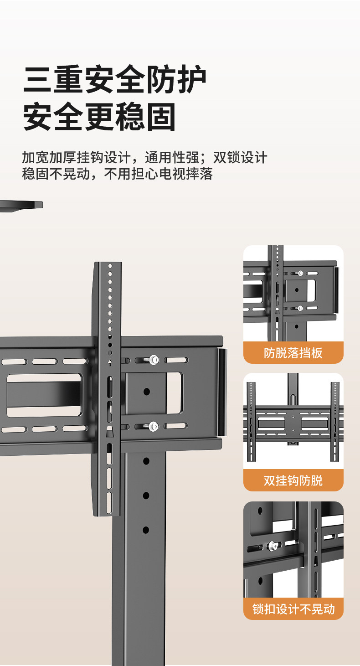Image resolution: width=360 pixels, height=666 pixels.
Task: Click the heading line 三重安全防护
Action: pos(115,81)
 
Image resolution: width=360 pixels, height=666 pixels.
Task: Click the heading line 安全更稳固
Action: pos(99,117)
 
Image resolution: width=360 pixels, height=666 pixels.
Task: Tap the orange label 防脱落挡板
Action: pos(293,353)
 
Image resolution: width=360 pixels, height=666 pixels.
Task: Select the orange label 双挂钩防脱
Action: pos(293,480)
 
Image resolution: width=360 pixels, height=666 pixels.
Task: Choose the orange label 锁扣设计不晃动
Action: pos(293,609)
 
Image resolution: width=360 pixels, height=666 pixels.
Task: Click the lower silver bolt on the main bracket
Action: pos(154,427)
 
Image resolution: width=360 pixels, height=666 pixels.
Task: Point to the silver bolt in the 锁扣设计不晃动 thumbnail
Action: pos(273,545)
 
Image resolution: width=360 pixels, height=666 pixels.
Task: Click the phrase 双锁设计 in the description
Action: pos(240,158)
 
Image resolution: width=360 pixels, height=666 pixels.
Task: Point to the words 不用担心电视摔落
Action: pos(158,174)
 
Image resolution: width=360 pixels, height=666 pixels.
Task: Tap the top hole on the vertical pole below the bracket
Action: pos(146,461)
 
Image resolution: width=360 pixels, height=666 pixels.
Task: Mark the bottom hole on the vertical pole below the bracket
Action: pos(146,530)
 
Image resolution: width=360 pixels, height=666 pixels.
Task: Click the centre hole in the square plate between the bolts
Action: pos(146,392)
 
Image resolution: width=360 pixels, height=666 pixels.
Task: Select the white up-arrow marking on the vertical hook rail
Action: pos(110,363)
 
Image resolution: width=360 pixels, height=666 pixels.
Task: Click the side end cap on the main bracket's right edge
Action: pos(222,392)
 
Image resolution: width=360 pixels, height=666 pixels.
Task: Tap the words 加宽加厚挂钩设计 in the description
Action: pos(76,158)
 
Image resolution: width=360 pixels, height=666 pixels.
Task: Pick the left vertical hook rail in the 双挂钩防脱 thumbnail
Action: pos(251,422)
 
